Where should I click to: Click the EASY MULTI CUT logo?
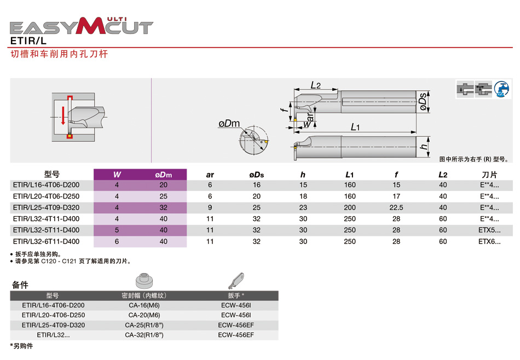click(82, 25)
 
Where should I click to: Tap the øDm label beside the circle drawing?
click(229, 124)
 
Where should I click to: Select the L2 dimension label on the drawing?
click(315, 85)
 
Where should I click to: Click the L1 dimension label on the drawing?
click(355, 127)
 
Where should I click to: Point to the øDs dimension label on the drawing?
click(423, 102)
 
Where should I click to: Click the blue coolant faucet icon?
click(501, 89)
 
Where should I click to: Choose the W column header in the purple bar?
click(117, 175)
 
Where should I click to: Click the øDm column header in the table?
click(163, 175)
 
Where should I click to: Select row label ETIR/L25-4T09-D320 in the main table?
click(46, 208)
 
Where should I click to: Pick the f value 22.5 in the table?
click(396, 208)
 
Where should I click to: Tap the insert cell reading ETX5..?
click(489, 230)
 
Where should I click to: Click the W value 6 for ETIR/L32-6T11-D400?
click(117, 241)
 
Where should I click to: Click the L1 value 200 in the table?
click(350, 208)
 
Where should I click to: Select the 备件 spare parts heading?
click(20, 285)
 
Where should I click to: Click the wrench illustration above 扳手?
click(236, 280)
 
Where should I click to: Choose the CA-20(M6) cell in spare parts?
click(144, 315)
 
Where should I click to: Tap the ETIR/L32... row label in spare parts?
click(53, 335)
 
